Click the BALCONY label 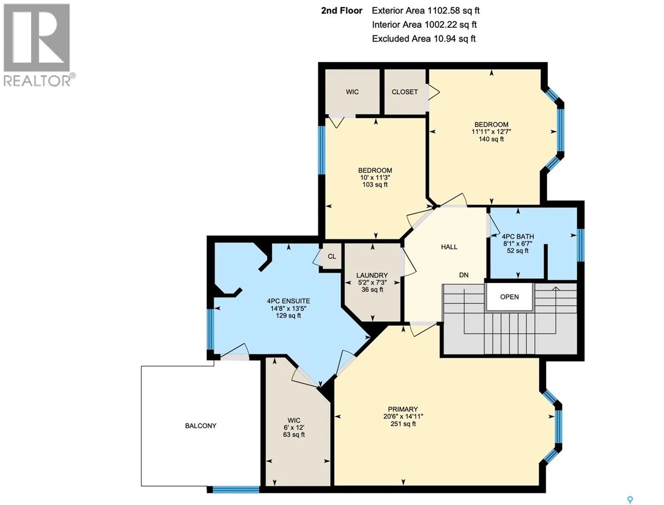coord(200,426)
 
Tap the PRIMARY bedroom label coord(403,409)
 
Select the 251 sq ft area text coord(403,424)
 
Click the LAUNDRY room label coord(372,275)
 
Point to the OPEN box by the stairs coord(509,297)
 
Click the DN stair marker coord(464,275)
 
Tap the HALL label coord(449,247)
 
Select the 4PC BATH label coord(517,237)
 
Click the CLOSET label coord(405,92)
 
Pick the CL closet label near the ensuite coord(331,256)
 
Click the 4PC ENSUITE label coord(288,301)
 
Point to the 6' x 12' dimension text coord(294,427)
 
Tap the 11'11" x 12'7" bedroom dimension coord(491,132)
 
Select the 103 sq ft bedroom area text coord(375,185)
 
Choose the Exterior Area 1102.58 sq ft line coord(425,11)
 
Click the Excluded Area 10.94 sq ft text coord(424,39)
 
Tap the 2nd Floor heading coord(341,11)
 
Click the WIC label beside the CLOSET coord(352,92)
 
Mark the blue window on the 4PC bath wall coord(581,245)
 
